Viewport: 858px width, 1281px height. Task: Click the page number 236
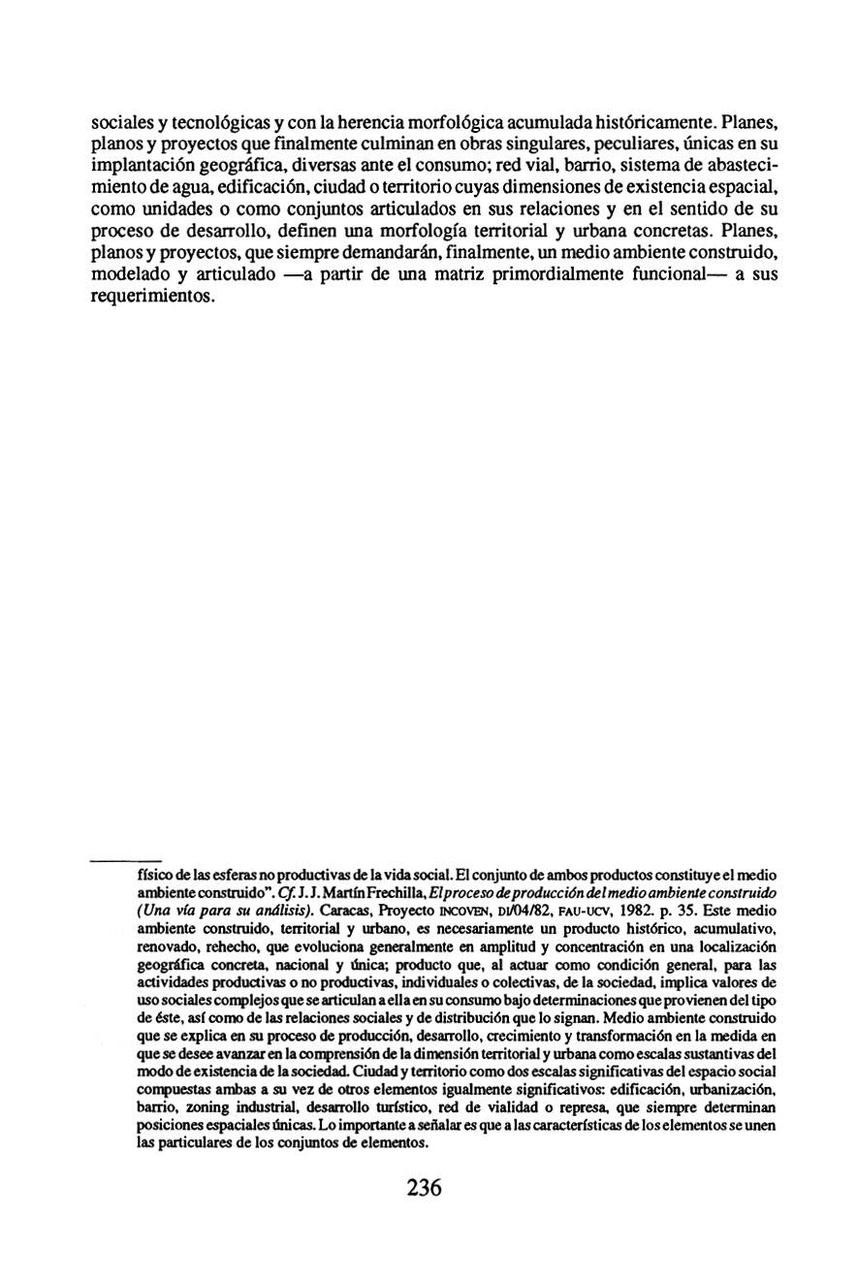pos(425,1188)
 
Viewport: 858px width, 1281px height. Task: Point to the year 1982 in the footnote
pos(660,911)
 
